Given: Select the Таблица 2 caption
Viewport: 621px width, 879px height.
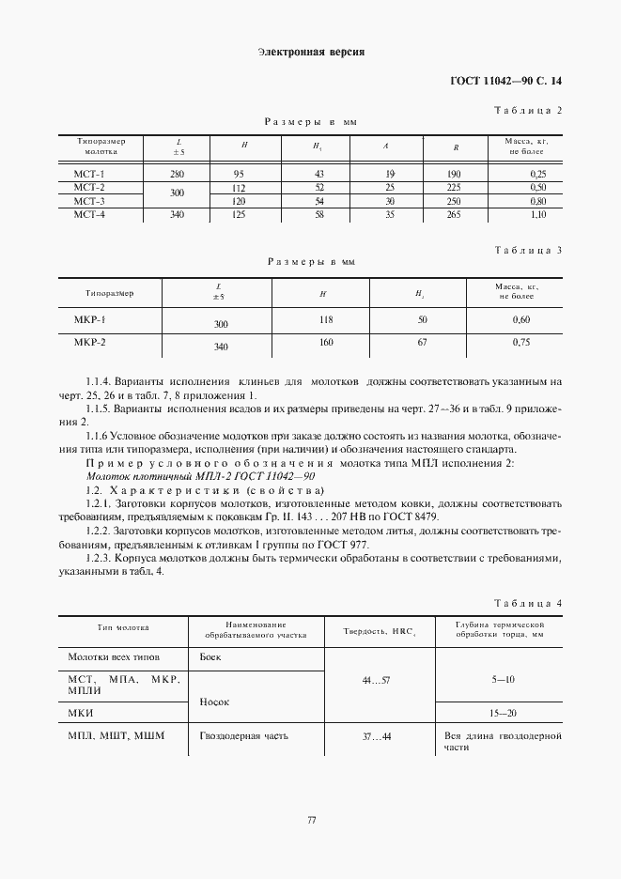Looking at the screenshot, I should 527,111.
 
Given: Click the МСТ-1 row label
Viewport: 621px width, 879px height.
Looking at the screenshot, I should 89,174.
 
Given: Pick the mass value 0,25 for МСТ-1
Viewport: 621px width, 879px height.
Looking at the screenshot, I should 537,174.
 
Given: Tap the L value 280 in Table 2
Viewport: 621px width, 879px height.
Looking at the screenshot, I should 177,174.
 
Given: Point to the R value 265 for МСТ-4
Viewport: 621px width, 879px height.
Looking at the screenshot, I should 454,215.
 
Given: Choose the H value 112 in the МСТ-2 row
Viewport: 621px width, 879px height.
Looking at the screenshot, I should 239,187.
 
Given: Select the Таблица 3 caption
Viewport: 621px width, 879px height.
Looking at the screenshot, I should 527,250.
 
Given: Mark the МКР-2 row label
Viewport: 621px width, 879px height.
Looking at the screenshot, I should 90,343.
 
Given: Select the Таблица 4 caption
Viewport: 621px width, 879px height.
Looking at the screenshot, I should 527,602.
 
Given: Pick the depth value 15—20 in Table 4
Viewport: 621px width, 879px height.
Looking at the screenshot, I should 502,713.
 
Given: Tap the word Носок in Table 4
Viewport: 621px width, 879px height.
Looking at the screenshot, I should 214,701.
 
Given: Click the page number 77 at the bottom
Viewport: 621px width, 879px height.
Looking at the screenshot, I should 311,821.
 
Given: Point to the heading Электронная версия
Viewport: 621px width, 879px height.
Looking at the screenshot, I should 310,52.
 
